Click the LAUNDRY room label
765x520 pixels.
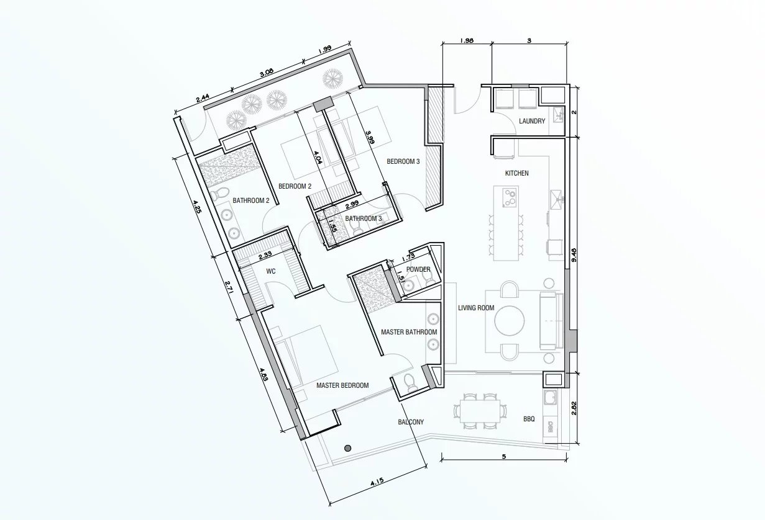coord(532,121)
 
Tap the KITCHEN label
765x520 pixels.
coord(516,173)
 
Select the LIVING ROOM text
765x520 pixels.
coord(476,308)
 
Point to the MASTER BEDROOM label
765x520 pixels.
coord(342,385)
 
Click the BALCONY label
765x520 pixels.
coord(411,422)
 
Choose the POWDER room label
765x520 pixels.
coord(418,269)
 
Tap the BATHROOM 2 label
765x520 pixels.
coord(251,200)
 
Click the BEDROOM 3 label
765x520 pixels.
coord(403,161)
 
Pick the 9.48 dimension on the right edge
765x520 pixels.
coord(574,254)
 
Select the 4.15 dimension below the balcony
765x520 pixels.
coord(377,482)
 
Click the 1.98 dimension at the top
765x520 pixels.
coord(467,40)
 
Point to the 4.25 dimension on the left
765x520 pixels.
coord(197,207)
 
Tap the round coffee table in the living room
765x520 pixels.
coord(510,321)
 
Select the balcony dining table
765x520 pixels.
coord(480,411)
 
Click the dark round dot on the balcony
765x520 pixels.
coord(347,448)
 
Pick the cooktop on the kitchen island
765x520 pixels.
coord(509,198)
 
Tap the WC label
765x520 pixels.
coord(271,271)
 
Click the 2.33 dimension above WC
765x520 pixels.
coord(265,254)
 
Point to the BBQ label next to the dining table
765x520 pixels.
coord(529,419)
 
